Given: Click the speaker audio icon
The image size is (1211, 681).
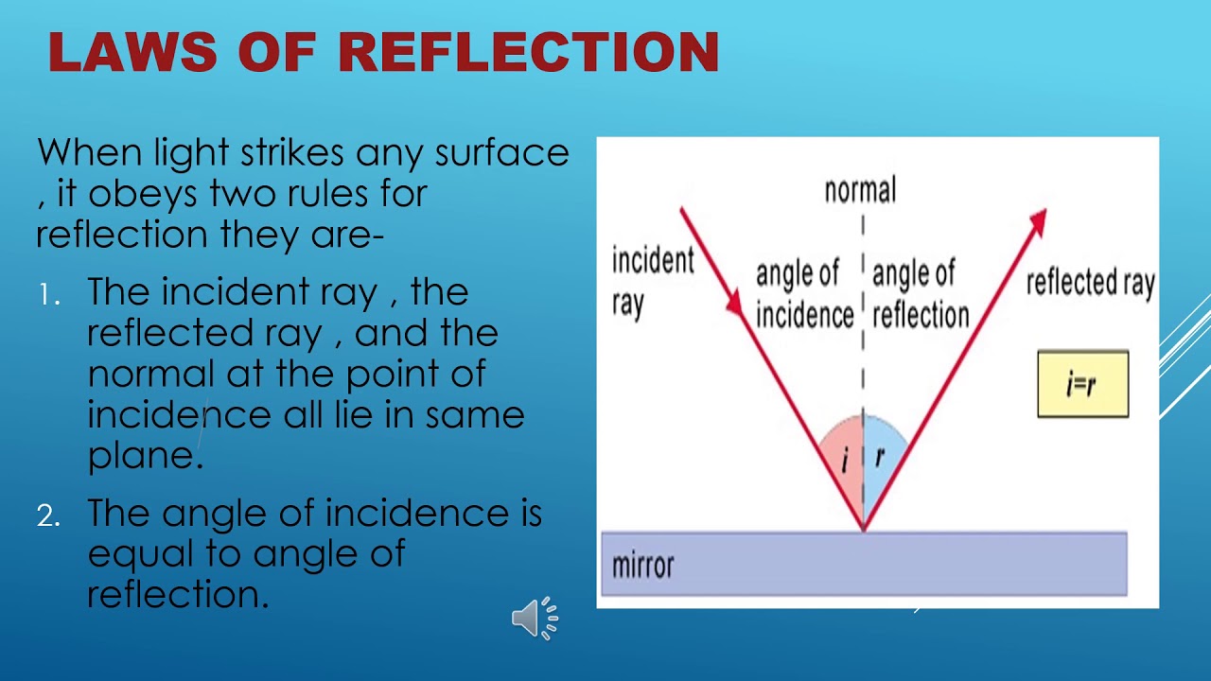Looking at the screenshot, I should point(534,619).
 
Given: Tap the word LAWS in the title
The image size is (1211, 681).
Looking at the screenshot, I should point(132,52).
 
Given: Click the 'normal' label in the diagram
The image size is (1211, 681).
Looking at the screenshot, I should point(860,190).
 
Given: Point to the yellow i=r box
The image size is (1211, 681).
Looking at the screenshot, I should point(1082,383).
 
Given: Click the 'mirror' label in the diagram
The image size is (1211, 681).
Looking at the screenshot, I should point(642,566).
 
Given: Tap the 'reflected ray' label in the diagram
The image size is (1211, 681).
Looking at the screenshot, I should point(1090,282).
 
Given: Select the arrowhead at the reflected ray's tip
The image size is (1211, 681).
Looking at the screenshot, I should point(1039,219).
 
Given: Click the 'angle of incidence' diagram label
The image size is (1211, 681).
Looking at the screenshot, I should point(804,293).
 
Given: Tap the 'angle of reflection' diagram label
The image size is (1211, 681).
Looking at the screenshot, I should point(921,293).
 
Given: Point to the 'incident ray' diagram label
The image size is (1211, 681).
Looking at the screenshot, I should point(652,281).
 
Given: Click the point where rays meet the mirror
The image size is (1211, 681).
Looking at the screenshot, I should point(863,531).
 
